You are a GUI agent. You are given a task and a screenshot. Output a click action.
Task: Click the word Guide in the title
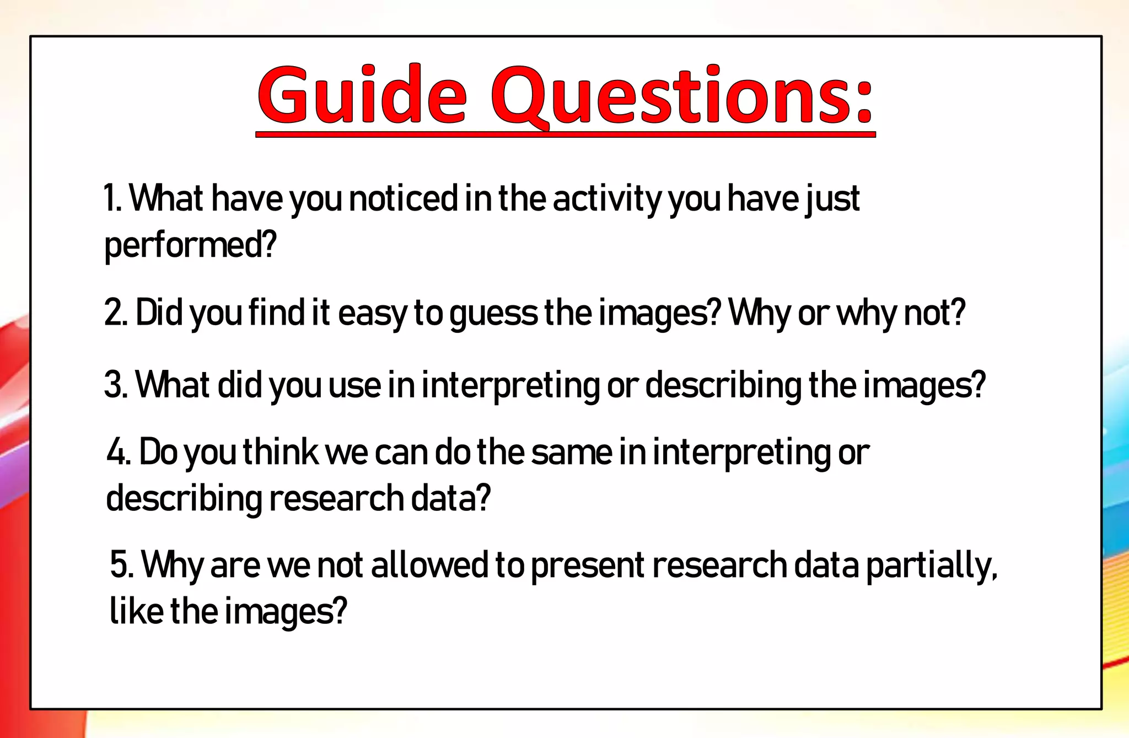tap(362, 95)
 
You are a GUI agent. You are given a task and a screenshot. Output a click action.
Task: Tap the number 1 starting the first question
tap(111, 199)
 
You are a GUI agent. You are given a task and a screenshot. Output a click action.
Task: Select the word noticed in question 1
tap(404, 199)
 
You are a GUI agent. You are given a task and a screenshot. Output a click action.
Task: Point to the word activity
tap(607, 199)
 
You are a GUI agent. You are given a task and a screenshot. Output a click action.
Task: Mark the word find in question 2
tap(276, 313)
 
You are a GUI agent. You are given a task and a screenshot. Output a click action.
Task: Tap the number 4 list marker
tap(116, 452)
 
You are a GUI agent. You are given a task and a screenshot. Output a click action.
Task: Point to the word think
tap(281, 452)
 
